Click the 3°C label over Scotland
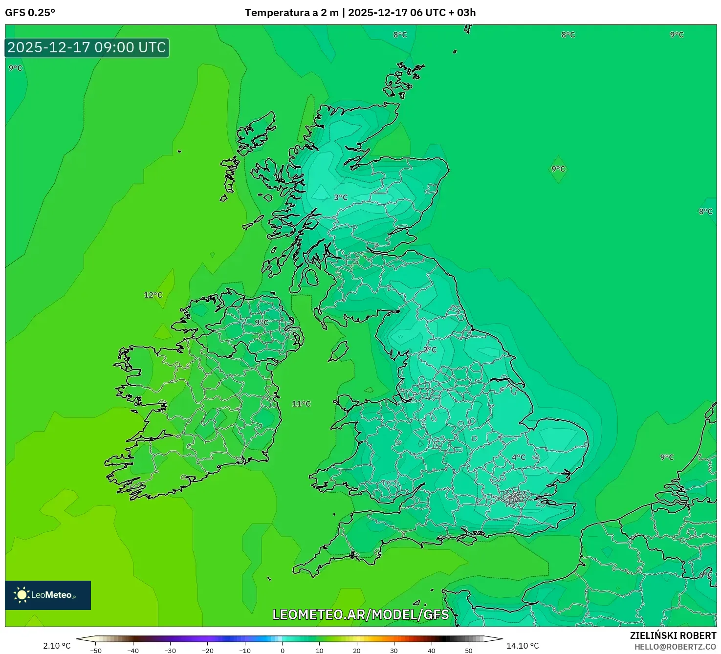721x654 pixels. pyautogui.click(x=341, y=197)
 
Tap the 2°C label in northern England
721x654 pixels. pyautogui.click(x=430, y=349)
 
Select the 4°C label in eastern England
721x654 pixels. pyautogui.click(x=519, y=458)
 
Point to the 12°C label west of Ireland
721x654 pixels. pyautogui.click(x=153, y=295)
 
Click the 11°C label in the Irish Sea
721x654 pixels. pyautogui.click(x=301, y=404)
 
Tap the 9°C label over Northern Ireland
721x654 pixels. pyautogui.click(x=262, y=323)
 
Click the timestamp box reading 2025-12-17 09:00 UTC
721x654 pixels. pyautogui.click(x=87, y=47)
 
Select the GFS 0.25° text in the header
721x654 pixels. pyautogui.click(x=30, y=13)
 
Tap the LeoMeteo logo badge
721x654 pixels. pyautogui.click(x=48, y=595)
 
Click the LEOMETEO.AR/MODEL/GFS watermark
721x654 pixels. pyautogui.click(x=360, y=614)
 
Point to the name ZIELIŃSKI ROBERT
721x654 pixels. pyautogui.click(x=673, y=635)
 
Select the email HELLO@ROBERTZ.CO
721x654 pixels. pyautogui.click(x=675, y=647)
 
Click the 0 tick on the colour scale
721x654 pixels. pyautogui.click(x=283, y=650)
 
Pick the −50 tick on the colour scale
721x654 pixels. pyautogui.click(x=96, y=650)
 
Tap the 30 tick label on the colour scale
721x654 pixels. pyautogui.click(x=394, y=650)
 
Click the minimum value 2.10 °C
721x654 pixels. pyautogui.click(x=57, y=646)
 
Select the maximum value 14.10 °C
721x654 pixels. pyautogui.click(x=522, y=646)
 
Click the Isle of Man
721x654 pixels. pyautogui.click(x=339, y=351)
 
